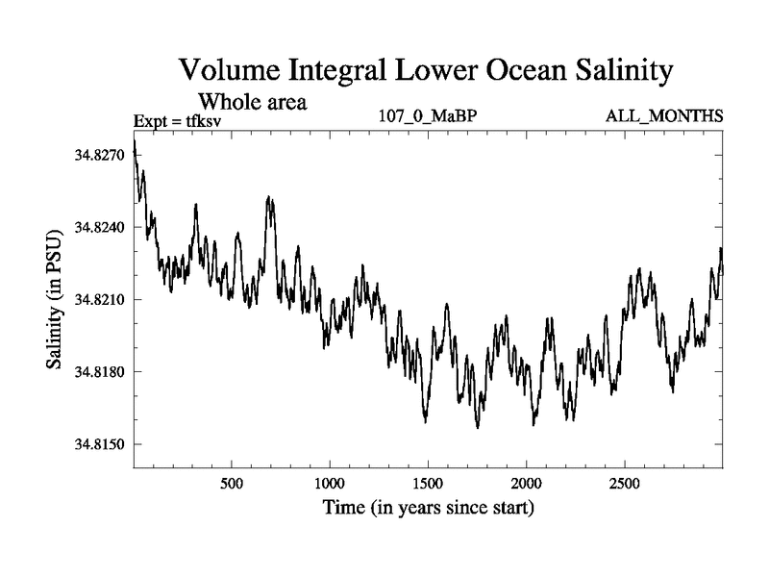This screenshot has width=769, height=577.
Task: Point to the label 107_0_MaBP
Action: (425, 117)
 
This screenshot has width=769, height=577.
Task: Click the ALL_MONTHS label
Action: (663, 117)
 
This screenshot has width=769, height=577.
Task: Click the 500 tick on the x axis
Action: (231, 482)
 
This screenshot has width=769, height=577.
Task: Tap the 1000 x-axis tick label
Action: (330, 482)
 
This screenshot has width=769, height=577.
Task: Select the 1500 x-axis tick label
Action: (428, 482)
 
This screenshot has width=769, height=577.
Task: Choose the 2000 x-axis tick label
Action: (527, 482)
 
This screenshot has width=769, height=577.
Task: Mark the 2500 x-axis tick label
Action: (625, 482)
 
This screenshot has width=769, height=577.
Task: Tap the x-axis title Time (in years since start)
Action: (428, 507)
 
